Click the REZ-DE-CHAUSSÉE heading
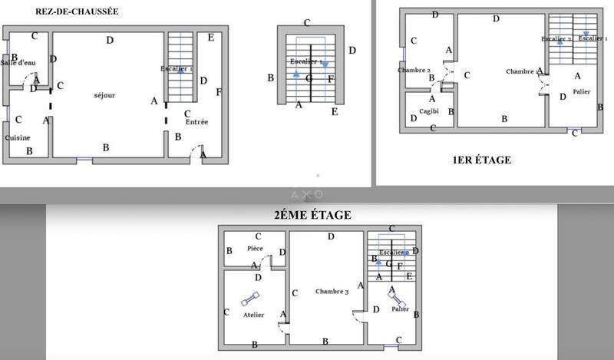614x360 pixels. click(x=76, y=12)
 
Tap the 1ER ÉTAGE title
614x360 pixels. click(x=481, y=160)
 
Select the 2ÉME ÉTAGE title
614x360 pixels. click(x=312, y=216)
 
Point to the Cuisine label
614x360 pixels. click(x=18, y=137)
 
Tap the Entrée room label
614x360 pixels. click(x=196, y=121)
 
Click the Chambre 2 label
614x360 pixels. click(x=414, y=70)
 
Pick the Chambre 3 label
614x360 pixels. click(x=332, y=292)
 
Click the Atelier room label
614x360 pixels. click(x=253, y=315)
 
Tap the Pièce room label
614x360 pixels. click(x=255, y=249)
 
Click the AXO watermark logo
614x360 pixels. click(x=307, y=195)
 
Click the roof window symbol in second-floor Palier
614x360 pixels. click(x=398, y=299)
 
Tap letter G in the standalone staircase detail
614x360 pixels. click(x=309, y=78)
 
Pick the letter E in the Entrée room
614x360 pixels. click(x=211, y=37)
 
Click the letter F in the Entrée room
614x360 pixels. click(x=219, y=92)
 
